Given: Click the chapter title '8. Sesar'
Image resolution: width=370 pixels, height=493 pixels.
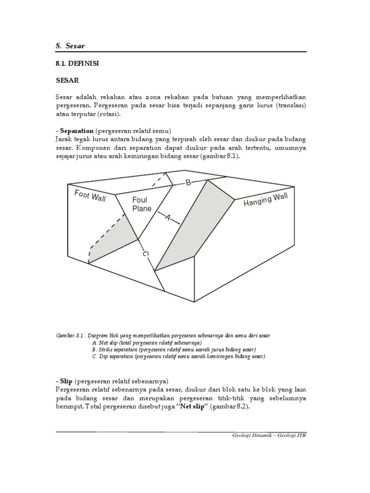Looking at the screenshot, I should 71,46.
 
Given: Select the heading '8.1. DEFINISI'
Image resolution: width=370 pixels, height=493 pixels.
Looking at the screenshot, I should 77,64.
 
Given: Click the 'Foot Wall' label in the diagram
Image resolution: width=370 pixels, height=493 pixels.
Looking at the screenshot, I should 90,195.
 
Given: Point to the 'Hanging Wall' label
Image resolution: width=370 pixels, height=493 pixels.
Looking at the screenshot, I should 265,200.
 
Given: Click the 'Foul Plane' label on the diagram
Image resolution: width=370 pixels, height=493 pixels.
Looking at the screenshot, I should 142,204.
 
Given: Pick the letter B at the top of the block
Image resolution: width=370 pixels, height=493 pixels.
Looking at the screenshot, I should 189,183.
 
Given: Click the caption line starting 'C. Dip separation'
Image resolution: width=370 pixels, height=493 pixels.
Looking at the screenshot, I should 178,357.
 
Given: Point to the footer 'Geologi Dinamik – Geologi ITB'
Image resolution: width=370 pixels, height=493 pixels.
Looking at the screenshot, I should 269,435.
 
